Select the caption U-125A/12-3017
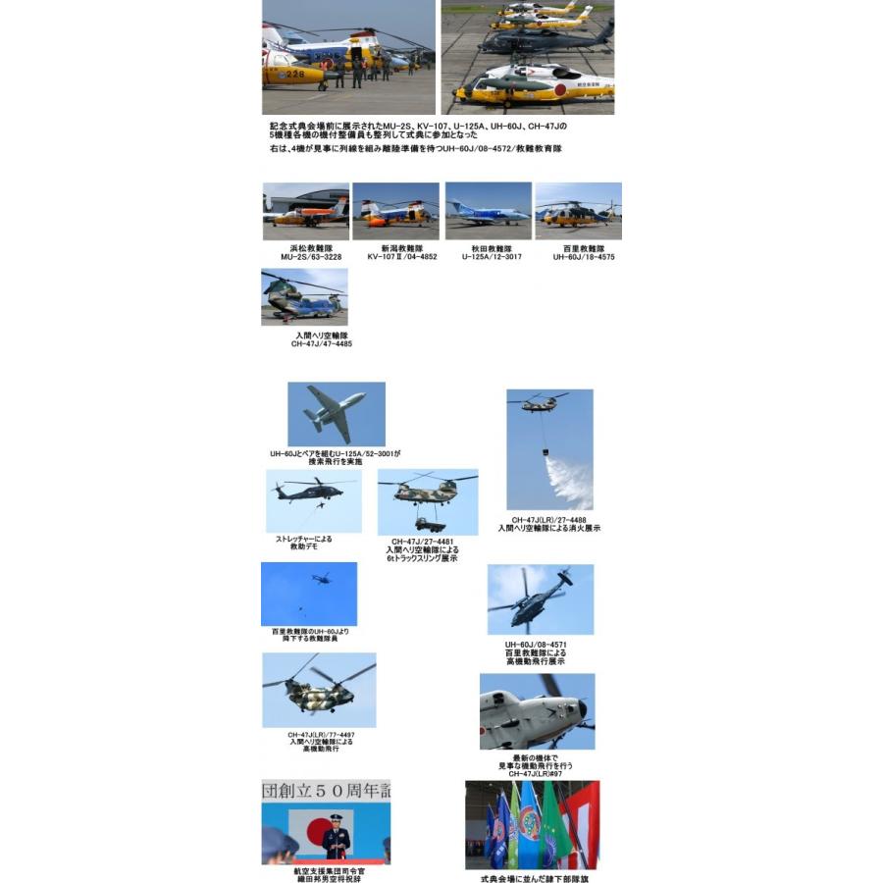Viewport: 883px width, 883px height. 491,257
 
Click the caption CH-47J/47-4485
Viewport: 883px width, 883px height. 321,344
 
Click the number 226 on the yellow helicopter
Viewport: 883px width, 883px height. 293,74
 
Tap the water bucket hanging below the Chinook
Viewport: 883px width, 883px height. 545,454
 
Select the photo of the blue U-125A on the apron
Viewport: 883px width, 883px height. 489,212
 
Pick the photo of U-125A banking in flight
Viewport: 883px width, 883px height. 336,413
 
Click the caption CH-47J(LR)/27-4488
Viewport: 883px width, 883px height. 548,520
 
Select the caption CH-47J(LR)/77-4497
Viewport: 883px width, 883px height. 321,734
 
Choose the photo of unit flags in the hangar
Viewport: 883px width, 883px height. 532,824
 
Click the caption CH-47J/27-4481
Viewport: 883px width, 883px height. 422,542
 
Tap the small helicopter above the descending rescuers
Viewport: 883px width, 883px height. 320,579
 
